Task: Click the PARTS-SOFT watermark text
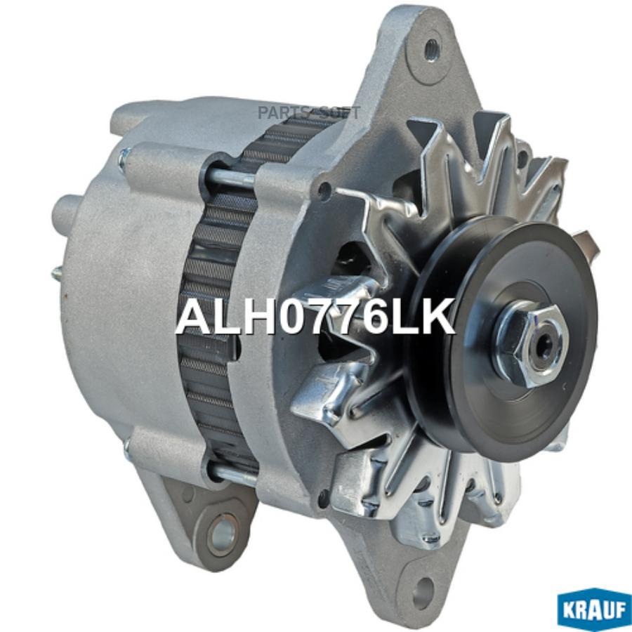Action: tap(309, 113)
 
